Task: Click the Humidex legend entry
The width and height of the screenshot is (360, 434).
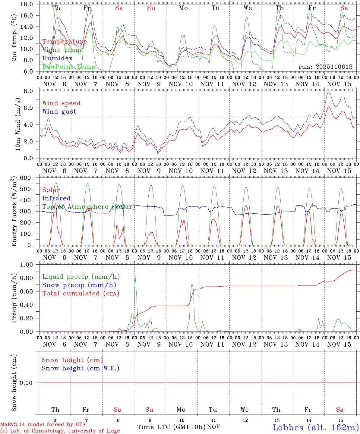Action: point(57,58)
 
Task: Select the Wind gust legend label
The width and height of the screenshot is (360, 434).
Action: point(59,112)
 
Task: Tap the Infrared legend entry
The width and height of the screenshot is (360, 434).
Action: point(56,198)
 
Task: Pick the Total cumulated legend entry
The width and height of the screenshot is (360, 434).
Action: point(81,293)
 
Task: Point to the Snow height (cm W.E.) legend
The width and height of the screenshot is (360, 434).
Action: point(81,368)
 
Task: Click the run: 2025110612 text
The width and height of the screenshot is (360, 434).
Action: point(325,67)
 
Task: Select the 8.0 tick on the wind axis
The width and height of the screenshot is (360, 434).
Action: point(29,91)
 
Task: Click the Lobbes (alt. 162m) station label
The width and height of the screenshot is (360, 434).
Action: point(316,427)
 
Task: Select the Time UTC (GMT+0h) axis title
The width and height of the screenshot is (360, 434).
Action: point(171,427)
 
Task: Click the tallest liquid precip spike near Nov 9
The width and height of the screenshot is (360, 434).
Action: point(135,276)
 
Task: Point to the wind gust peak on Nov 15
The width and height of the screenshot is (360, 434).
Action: point(329,92)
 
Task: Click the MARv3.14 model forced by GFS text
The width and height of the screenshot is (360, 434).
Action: point(43,425)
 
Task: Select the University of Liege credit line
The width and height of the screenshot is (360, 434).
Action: point(60,431)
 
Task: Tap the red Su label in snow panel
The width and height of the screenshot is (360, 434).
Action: point(149,410)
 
